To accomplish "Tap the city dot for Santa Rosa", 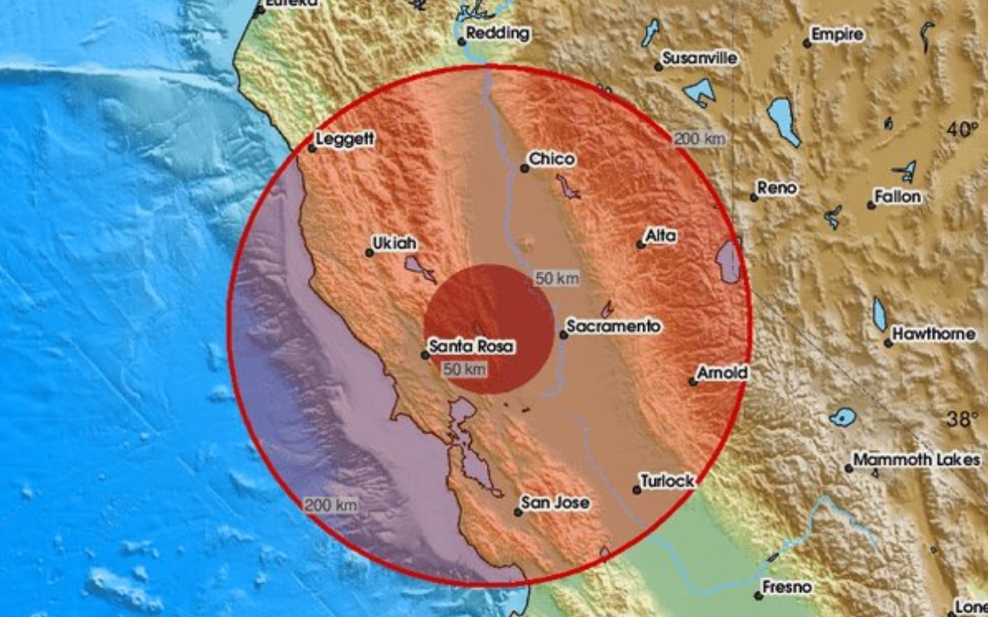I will pos(425,355).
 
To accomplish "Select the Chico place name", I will pos(552,159).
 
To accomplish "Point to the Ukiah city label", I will pos(395,244).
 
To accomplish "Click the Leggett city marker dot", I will pos(312,148).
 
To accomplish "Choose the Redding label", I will pos(497,35).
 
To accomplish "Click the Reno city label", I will pos(776,188).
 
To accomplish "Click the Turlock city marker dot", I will pos(636,489).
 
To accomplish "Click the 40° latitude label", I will pos(961,129).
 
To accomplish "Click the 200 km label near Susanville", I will pos(699,139).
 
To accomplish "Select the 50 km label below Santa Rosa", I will pos(464,369).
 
